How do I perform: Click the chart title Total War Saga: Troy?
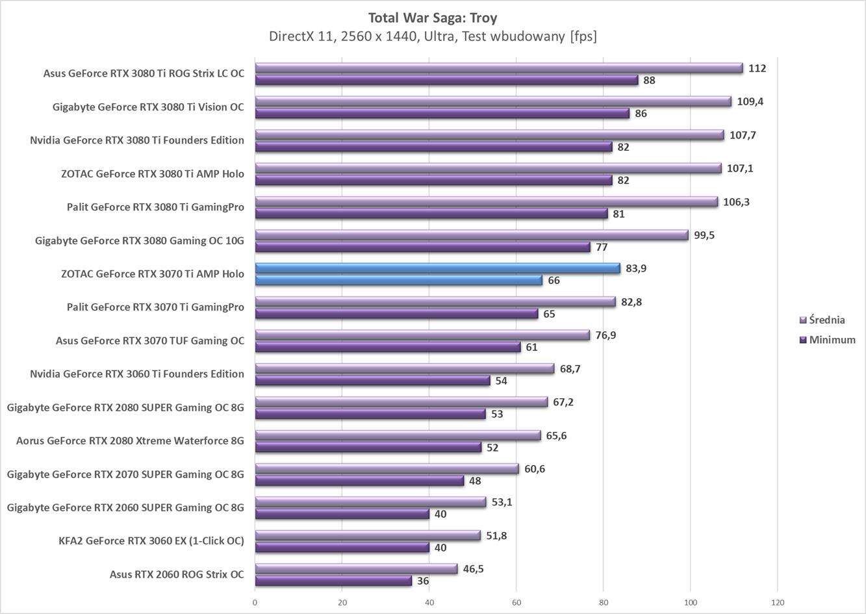433,18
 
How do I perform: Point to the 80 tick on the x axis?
603,602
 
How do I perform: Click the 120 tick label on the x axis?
777,602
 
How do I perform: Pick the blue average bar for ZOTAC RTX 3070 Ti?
437,268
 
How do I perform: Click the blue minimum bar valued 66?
398,280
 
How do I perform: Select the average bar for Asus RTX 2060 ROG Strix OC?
356,569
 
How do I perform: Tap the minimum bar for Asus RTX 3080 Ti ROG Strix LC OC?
446,80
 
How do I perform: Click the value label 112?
757,68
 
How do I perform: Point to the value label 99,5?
704,235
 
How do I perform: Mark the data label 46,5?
473,569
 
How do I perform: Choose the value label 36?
423,581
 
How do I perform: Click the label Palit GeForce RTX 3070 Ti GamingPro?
155,307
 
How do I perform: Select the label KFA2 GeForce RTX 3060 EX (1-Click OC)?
151,541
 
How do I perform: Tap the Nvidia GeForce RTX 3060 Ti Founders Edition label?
137,374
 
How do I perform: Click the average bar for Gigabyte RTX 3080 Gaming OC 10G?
471,235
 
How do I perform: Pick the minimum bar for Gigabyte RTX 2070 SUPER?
359,481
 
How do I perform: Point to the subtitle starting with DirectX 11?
433,36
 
